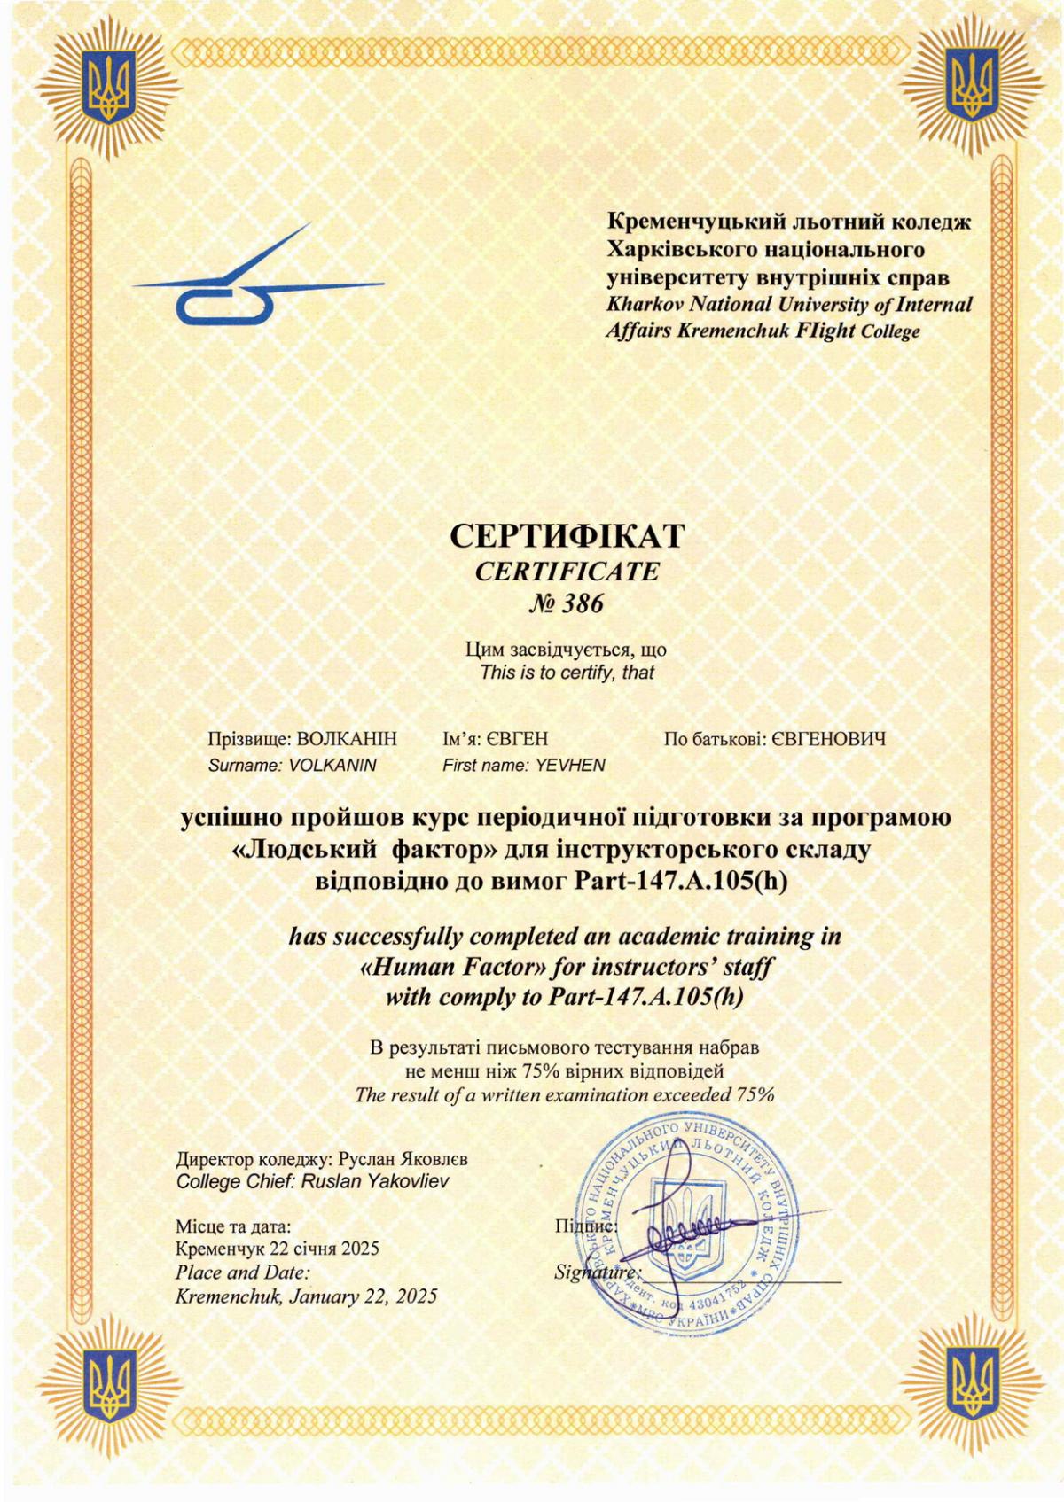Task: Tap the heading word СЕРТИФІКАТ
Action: (x=567, y=536)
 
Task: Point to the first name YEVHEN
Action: (x=570, y=765)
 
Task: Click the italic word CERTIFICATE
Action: (x=567, y=572)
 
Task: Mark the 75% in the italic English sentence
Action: (x=755, y=1094)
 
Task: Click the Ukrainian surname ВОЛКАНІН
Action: (x=348, y=739)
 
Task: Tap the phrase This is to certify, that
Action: (x=567, y=673)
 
